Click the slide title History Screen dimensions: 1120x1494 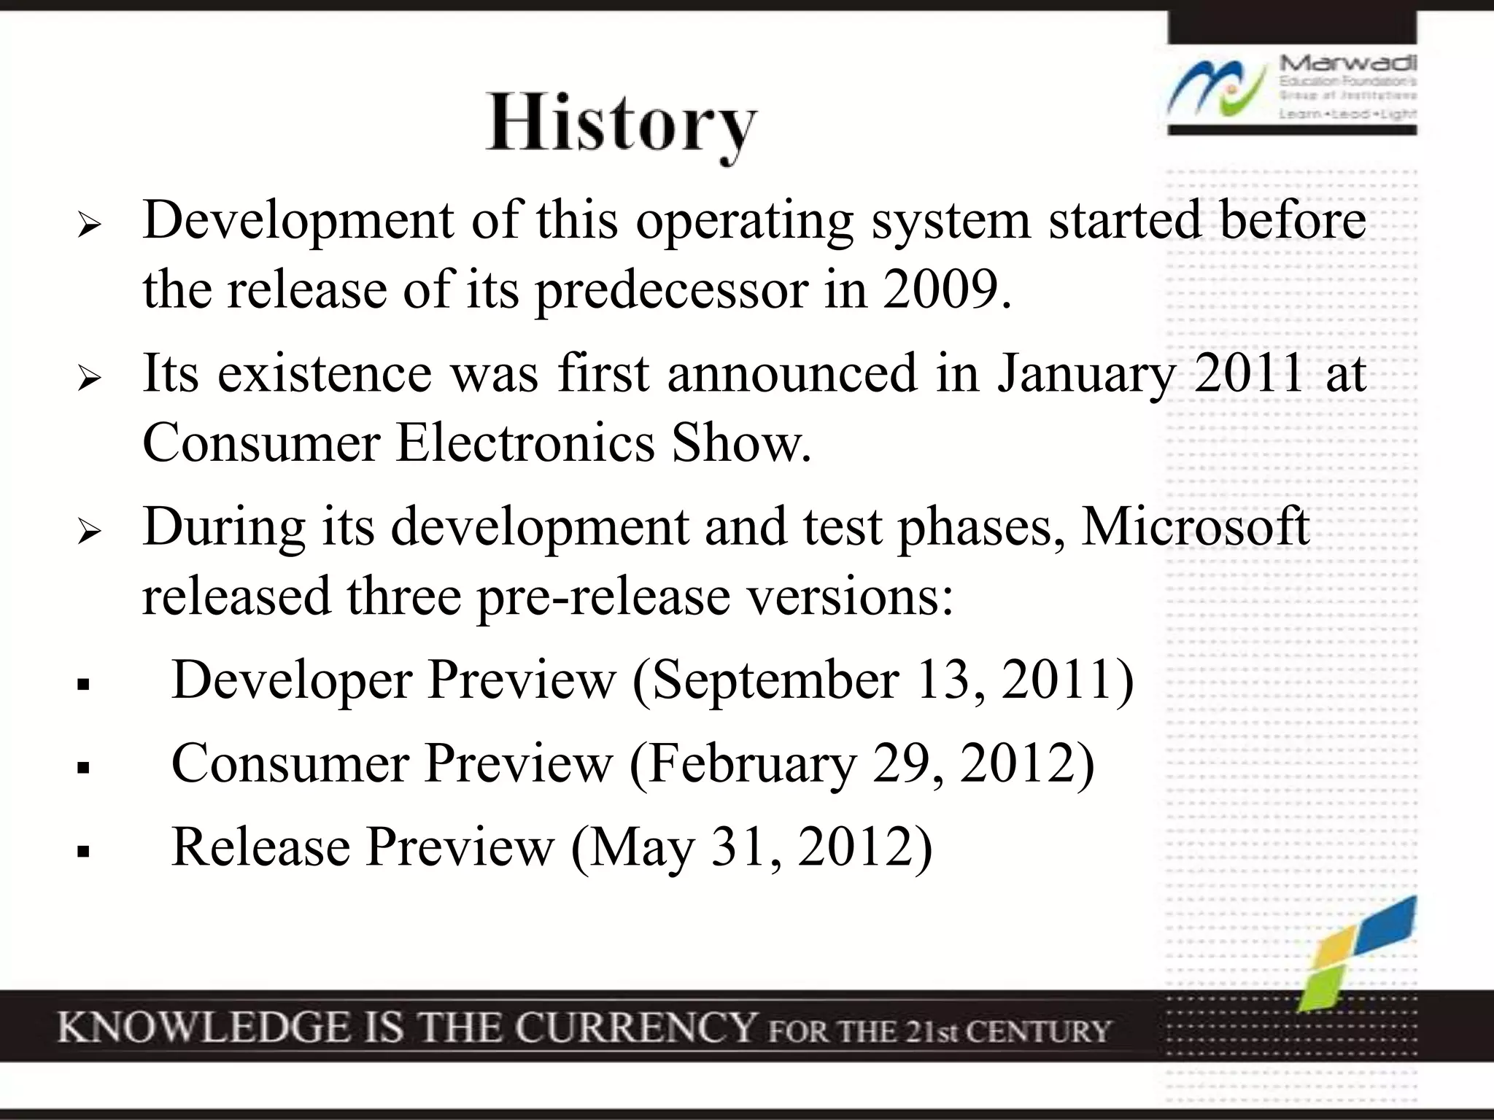pyautogui.click(x=622, y=124)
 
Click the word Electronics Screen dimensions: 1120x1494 pyautogui.click(x=525, y=443)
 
